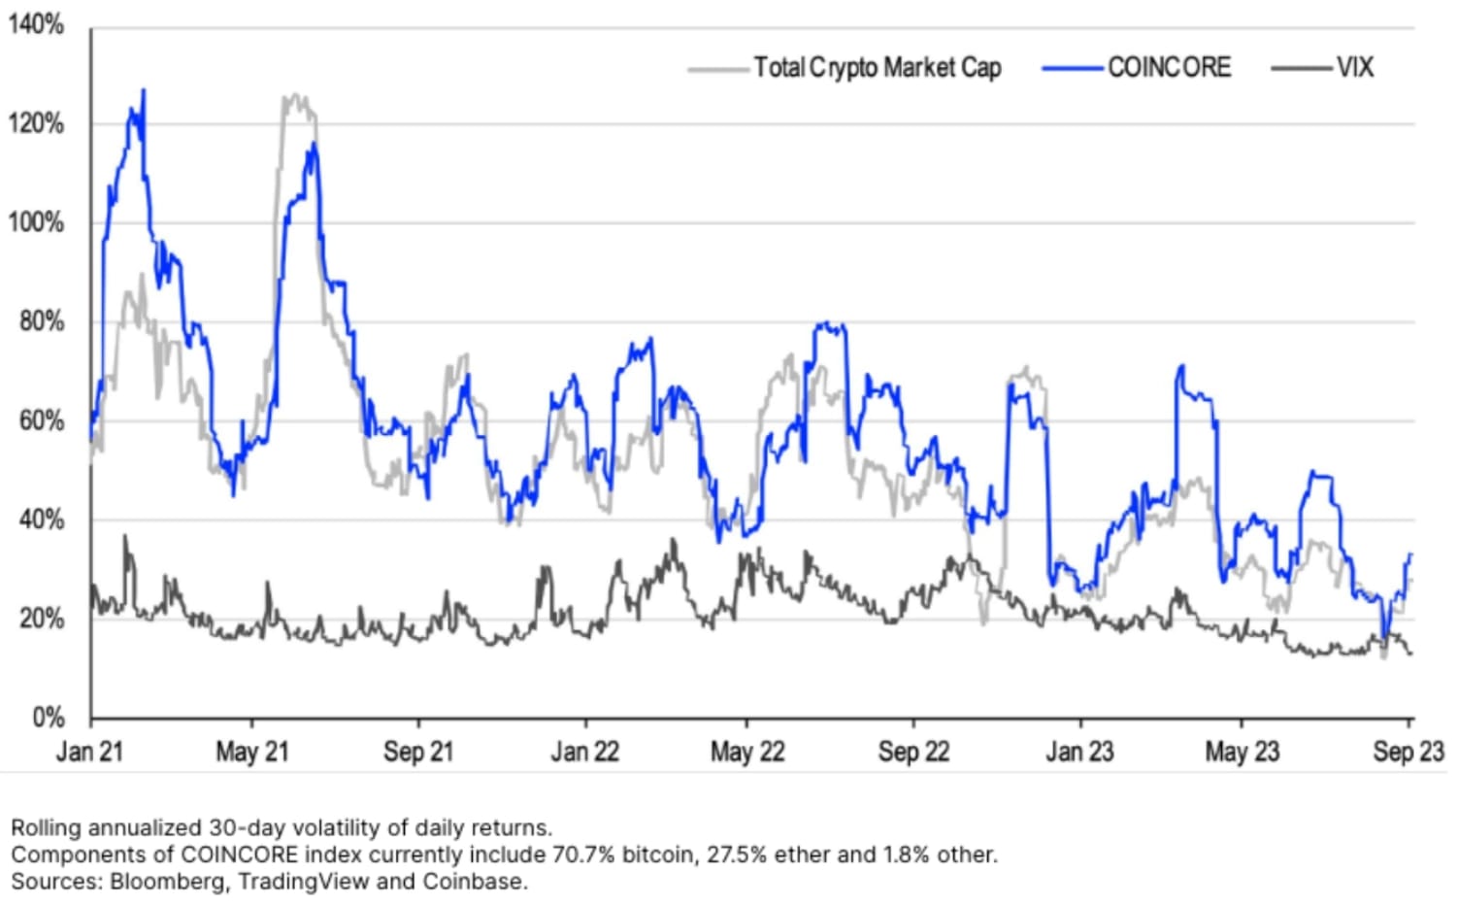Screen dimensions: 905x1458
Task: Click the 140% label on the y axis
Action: click(36, 24)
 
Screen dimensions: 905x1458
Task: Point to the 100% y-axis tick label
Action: click(36, 222)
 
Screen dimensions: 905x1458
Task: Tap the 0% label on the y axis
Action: click(48, 718)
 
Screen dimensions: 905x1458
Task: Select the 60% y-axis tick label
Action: click(41, 420)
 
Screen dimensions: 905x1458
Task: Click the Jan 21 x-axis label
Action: click(90, 752)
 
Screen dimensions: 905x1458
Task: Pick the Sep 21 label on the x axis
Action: click(418, 752)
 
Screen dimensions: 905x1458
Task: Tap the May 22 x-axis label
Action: click(746, 752)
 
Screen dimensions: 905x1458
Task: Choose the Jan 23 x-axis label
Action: click(1079, 752)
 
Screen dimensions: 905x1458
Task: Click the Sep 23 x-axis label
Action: click(1408, 752)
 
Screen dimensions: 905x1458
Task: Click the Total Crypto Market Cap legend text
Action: click(878, 68)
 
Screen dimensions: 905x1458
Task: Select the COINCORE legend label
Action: click(1169, 68)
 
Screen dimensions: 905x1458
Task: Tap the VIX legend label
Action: click(1354, 68)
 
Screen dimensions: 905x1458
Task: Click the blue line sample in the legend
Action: click(1073, 69)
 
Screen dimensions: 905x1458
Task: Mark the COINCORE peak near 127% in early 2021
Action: click(144, 91)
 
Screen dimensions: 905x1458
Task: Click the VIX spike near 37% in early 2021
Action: click(124, 536)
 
